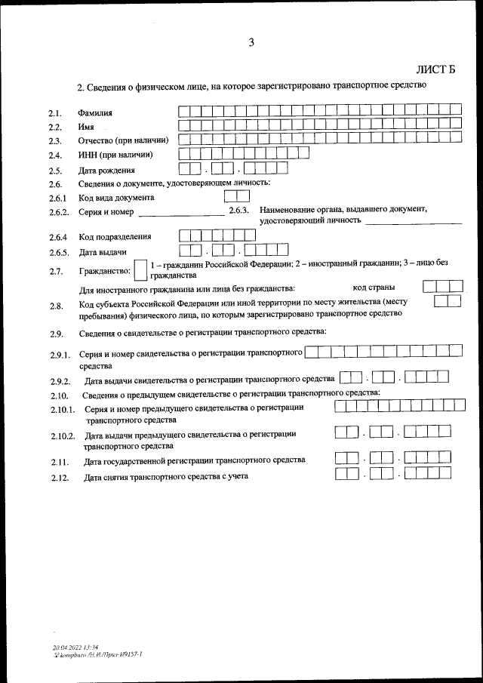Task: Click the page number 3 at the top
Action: click(251, 42)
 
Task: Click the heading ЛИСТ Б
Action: click(437, 70)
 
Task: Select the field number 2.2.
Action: click(54, 127)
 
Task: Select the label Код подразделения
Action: click(115, 237)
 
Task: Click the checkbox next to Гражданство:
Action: click(140, 270)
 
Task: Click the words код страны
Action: click(374, 288)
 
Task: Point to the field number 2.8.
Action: click(55, 306)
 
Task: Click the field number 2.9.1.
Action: click(59, 355)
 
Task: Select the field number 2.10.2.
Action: click(63, 437)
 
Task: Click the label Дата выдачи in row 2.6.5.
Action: click(103, 251)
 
